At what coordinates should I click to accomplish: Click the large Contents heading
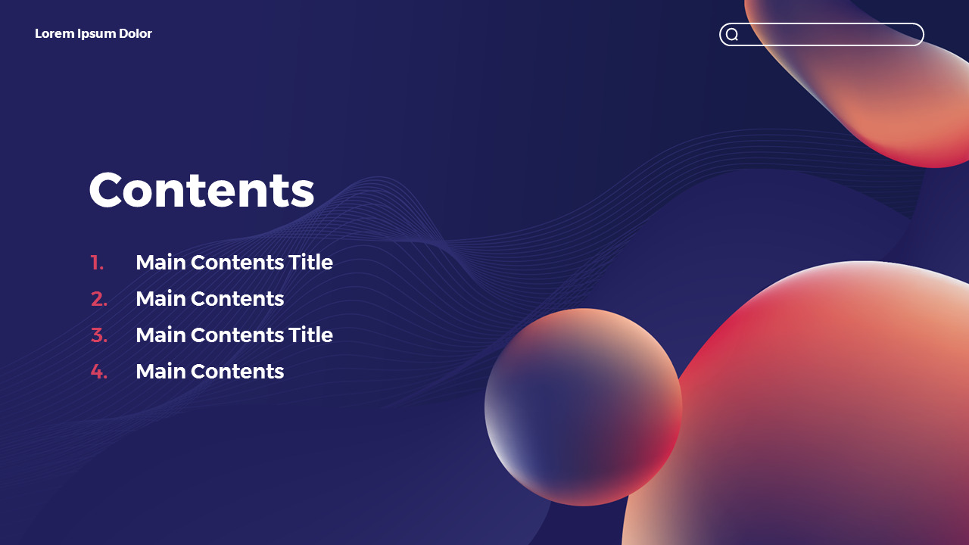(x=201, y=190)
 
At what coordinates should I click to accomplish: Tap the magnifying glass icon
(x=732, y=34)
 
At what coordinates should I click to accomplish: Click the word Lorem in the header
(x=55, y=33)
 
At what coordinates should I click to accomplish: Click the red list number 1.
(x=97, y=263)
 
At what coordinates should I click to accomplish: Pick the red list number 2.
(x=99, y=299)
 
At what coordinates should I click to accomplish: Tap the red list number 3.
(x=99, y=335)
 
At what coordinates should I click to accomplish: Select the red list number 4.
(x=99, y=372)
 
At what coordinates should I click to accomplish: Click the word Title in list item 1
(x=310, y=262)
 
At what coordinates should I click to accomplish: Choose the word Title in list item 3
(x=310, y=335)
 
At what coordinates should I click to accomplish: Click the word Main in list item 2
(x=161, y=298)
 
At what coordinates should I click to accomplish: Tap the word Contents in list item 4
(x=237, y=371)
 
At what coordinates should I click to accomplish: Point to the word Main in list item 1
(x=161, y=262)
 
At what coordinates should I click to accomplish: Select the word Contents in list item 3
(x=237, y=335)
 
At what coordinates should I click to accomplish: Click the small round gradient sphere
(x=583, y=407)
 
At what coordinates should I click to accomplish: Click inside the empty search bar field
(x=830, y=34)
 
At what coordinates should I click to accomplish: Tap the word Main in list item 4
(x=161, y=371)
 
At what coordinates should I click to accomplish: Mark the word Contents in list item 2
(x=237, y=298)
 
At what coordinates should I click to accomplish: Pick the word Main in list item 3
(x=161, y=335)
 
